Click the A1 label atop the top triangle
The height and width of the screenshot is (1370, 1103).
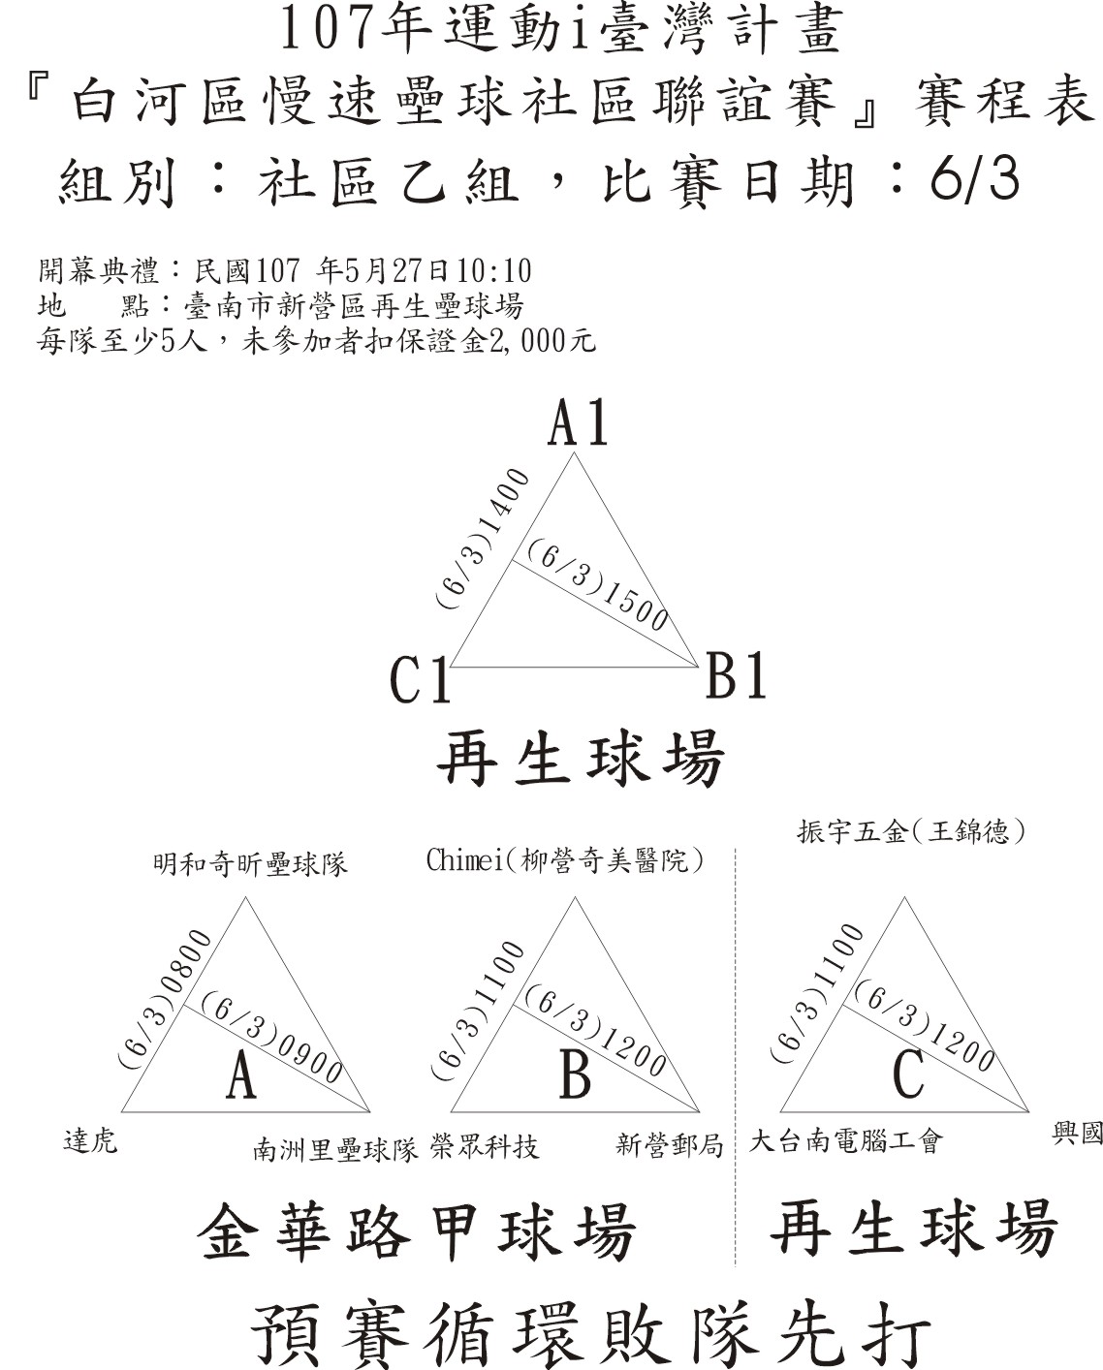point(578,422)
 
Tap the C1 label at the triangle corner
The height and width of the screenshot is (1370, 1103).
point(421,680)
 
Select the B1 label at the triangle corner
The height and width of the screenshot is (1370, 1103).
point(737,675)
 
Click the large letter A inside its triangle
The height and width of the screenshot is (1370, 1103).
point(241,1075)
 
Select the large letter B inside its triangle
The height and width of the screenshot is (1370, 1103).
point(575,1075)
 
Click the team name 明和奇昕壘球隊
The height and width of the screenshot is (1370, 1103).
point(250,865)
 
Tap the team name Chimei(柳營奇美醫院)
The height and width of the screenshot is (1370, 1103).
point(565,860)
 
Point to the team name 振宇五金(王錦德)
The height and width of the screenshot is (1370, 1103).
point(911,832)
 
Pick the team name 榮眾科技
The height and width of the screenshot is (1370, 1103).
point(485,1147)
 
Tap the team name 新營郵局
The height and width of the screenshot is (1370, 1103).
point(670,1145)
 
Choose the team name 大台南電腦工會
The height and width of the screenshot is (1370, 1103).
point(845,1140)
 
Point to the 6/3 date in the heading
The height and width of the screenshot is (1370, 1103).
point(974,180)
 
